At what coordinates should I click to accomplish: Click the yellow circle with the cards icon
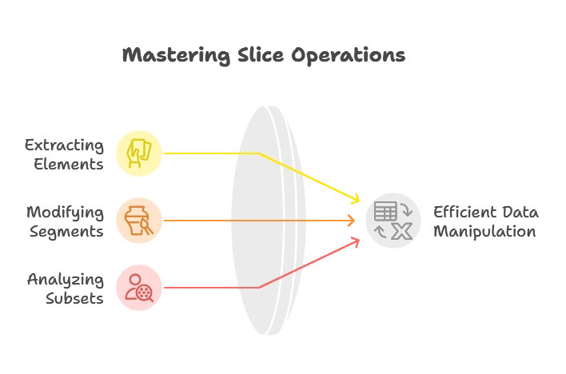click(140, 153)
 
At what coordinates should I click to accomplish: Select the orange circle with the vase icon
click(140, 220)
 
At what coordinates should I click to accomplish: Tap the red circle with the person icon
click(140, 287)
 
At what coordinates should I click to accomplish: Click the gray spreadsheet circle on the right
click(394, 221)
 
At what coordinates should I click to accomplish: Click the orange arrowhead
click(350, 220)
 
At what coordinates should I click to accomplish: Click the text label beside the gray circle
click(484, 221)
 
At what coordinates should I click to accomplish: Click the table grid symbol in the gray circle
click(385, 212)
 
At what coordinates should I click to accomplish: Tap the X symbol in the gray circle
click(403, 231)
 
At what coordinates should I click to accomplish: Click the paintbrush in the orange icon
click(148, 226)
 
